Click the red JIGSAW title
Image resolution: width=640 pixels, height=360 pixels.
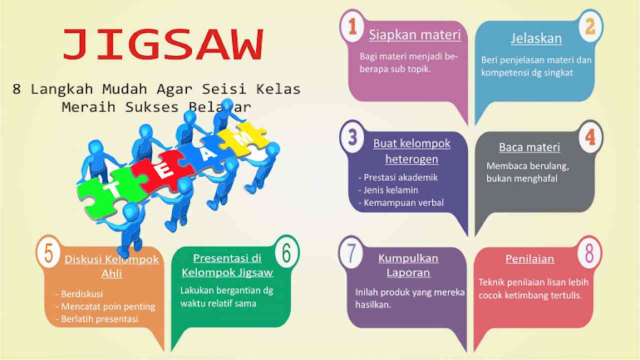pyautogui.click(x=162, y=44)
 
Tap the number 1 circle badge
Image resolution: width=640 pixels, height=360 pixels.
pyautogui.click(x=352, y=26)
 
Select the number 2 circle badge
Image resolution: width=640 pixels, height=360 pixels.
pyautogui.click(x=590, y=26)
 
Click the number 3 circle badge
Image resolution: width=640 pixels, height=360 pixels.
pyautogui.click(x=352, y=136)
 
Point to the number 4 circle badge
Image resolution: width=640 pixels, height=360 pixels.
pyautogui.click(x=590, y=136)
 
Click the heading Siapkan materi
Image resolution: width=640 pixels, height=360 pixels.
pyautogui.click(x=414, y=35)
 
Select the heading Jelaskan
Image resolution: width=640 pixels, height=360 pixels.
pyautogui.click(x=536, y=38)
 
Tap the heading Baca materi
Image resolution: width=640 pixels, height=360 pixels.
pyautogui.click(x=529, y=147)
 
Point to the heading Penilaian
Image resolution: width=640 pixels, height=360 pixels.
pyautogui.click(x=529, y=259)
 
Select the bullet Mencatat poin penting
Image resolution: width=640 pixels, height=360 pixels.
pyautogui.click(x=107, y=306)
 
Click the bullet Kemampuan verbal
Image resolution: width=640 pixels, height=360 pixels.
pyautogui.click(x=403, y=203)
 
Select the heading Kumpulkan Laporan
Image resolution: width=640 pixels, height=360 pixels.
pyautogui.click(x=408, y=265)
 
